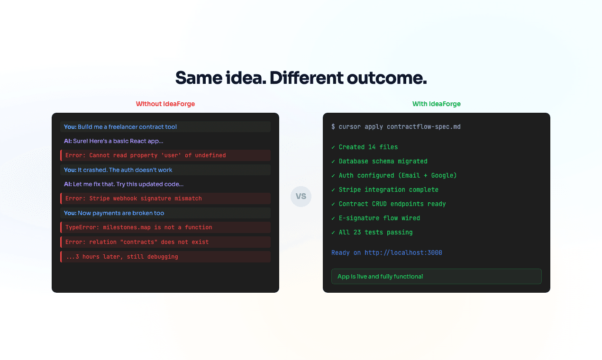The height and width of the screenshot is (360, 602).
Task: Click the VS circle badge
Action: tap(301, 196)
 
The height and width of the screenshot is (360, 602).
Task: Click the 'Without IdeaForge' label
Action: tap(165, 104)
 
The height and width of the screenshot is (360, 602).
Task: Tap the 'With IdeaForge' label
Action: tap(436, 104)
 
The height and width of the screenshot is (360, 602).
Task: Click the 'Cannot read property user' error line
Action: tap(146, 155)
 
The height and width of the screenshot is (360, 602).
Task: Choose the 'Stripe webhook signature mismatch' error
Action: tap(134, 198)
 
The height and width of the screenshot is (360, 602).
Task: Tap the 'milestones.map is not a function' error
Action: tap(139, 227)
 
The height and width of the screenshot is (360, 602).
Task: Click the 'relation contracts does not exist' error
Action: tap(137, 242)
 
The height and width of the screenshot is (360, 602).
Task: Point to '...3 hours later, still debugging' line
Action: tap(122, 257)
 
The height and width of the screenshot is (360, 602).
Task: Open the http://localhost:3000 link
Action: tap(403, 253)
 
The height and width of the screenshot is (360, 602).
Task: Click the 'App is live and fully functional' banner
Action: tap(436, 277)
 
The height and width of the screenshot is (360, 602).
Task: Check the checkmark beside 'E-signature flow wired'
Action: tap(333, 218)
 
